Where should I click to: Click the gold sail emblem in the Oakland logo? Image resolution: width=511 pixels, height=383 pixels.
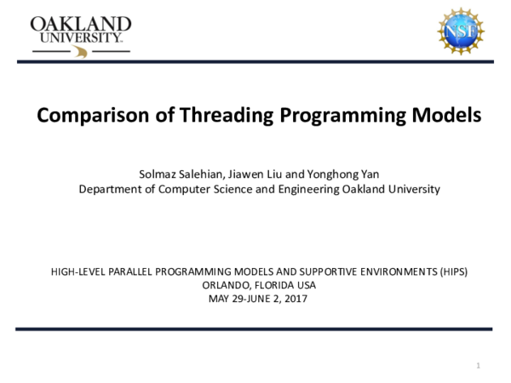(x=82, y=52)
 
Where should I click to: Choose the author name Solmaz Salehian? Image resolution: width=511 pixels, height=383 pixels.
(x=181, y=174)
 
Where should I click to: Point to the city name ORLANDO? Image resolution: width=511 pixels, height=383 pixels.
(x=227, y=285)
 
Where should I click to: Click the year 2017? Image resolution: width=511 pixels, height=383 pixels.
(x=294, y=299)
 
